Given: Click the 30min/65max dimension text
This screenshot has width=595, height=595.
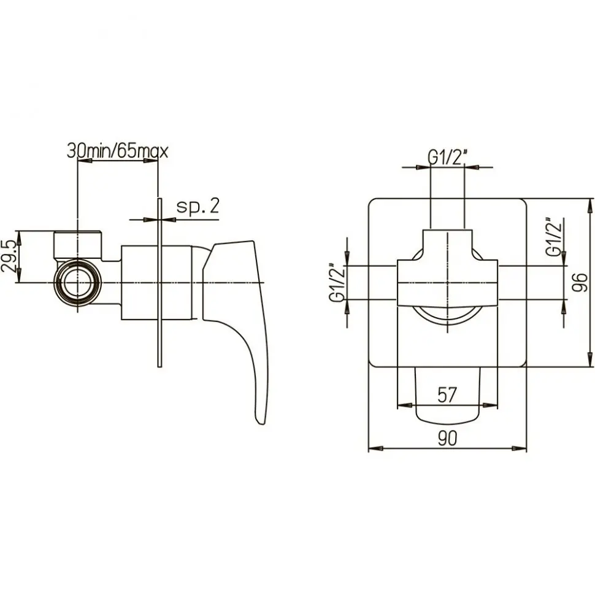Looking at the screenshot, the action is pos(117,152).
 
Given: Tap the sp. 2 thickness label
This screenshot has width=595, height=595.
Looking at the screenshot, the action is pos(198,207).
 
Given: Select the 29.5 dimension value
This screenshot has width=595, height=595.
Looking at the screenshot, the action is pos(9,256).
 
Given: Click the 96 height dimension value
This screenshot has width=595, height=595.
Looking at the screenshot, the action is pos(580,282).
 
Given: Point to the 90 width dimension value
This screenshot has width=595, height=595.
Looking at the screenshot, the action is pos(447,438).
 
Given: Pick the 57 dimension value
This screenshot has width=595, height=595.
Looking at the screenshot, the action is pos(447,394).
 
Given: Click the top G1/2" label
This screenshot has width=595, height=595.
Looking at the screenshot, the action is pos(448,157).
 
